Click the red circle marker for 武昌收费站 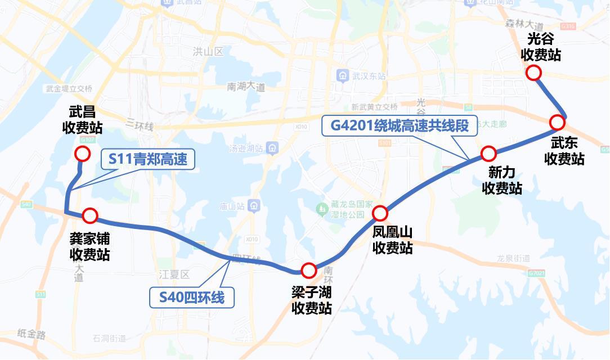pyautogui.click(x=82, y=154)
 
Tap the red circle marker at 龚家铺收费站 pyautogui.click(x=90, y=215)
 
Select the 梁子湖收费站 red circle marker pyautogui.click(x=308, y=271)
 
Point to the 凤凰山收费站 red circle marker pyautogui.click(x=380, y=213)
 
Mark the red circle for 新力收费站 pyautogui.click(x=488, y=153)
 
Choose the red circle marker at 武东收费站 pyautogui.click(x=557, y=122)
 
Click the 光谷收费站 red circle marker pyautogui.click(x=533, y=73)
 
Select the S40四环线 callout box pyautogui.click(x=191, y=296)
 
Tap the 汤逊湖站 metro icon pyautogui.click(x=272, y=148)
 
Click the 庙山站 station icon pyautogui.click(x=255, y=206)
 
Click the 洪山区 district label pyautogui.click(x=208, y=52)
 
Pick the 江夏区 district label pyautogui.click(x=174, y=274)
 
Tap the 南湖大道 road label pyautogui.click(x=246, y=87)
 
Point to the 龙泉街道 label pyautogui.click(x=514, y=258)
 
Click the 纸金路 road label pyautogui.click(x=32, y=334)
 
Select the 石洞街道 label pyautogui.click(x=110, y=339)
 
